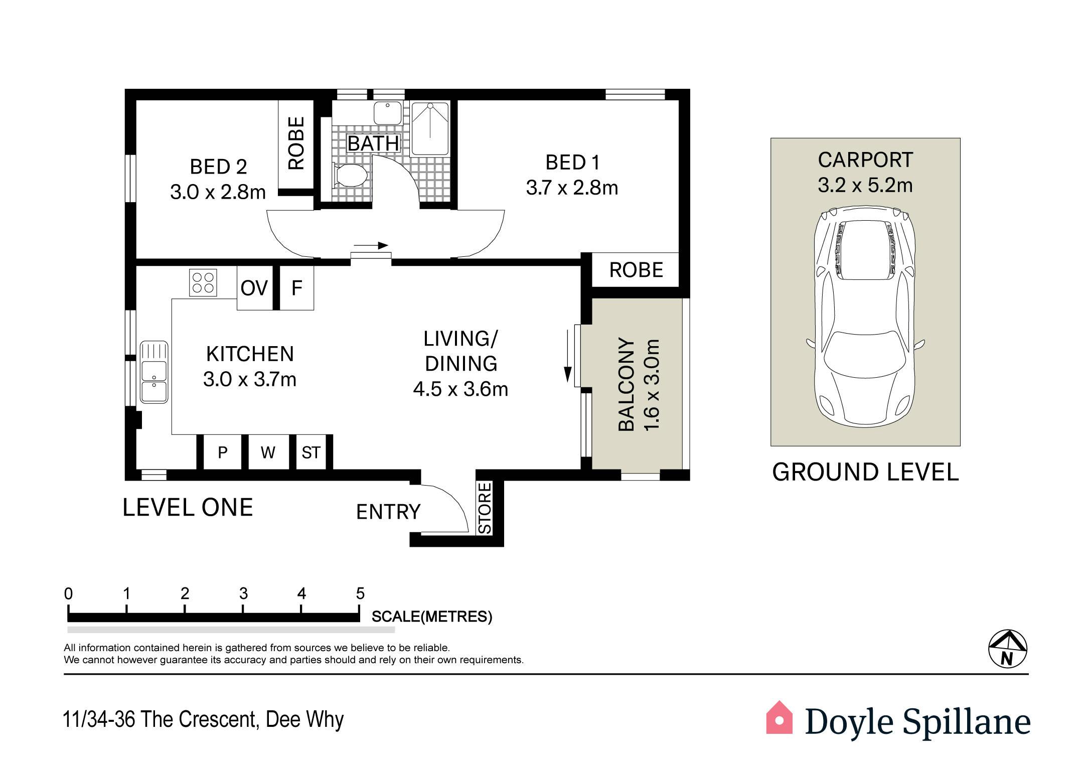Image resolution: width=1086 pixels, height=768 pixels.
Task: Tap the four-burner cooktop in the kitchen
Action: click(x=203, y=282)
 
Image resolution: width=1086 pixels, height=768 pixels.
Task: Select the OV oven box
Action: click(x=255, y=288)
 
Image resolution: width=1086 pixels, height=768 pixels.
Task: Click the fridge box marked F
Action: click(x=296, y=288)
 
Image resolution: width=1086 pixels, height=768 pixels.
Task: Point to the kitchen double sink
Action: click(x=154, y=372)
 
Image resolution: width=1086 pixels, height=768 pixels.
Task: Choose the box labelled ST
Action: click(x=311, y=452)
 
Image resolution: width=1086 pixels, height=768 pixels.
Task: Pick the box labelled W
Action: click(x=268, y=452)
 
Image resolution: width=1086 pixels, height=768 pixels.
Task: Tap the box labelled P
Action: click(x=223, y=452)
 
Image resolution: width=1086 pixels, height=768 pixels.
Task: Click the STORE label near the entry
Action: click(x=485, y=508)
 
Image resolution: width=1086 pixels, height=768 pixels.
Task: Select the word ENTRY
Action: click(x=388, y=512)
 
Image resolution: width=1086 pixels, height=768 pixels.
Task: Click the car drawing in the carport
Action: click(x=865, y=316)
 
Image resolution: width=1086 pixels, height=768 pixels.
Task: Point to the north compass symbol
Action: click(x=1007, y=649)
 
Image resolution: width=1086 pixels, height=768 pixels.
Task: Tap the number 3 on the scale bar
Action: click(x=243, y=594)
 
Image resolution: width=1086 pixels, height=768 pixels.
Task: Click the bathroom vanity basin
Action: click(x=387, y=113)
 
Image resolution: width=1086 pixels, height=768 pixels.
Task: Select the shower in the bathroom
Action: click(x=430, y=128)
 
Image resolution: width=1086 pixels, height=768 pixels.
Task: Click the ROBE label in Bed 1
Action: click(x=636, y=270)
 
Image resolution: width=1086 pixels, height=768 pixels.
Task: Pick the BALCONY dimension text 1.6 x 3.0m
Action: click(x=651, y=385)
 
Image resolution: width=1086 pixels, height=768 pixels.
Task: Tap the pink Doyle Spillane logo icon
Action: click(x=779, y=717)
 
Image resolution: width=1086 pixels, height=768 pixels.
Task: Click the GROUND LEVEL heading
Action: click(x=865, y=473)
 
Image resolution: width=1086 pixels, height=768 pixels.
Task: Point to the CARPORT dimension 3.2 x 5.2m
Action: click(x=865, y=186)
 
